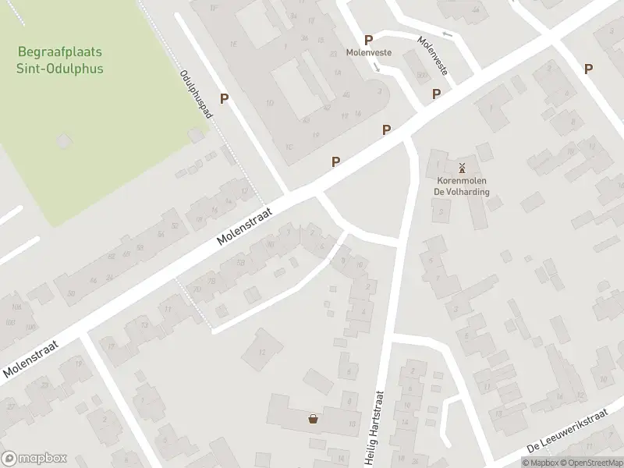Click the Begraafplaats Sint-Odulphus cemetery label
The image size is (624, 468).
(x=62, y=60)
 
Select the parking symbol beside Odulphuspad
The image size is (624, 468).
(x=225, y=98)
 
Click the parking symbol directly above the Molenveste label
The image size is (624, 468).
(x=368, y=40)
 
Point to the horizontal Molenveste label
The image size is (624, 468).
(x=369, y=53)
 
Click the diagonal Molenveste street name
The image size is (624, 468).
(x=432, y=55)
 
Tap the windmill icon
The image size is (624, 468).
(x=462, y=167)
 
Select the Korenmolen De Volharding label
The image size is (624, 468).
(x=463, y=185)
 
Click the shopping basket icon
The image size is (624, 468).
(x=313, y=419)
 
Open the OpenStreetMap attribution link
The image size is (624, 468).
(x=590, y=463)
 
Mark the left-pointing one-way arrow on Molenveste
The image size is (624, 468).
(x=446, y=34)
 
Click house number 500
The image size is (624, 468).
(x=421, y=76)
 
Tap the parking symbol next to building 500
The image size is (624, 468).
(x=437, y=94)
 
